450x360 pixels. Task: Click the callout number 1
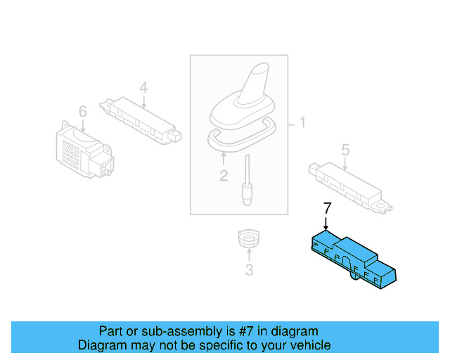click(x=303, y=124)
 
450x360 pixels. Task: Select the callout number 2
click(x=224, y=176)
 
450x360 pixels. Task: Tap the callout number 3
click(x=248, y=269)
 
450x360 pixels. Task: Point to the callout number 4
click(x=143, y=88)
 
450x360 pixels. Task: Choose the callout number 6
click(x=82, y=112)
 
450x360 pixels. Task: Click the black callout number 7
click(x=326, y=207)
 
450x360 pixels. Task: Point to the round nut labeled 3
click(x=248, y=240)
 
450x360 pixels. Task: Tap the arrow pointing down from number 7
click(x=326, y=221)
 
